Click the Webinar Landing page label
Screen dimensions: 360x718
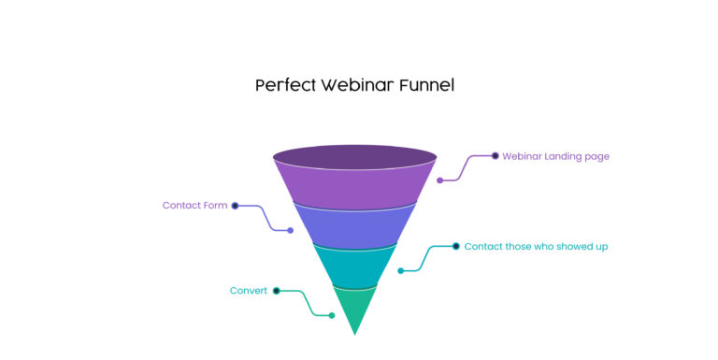click(x=555, y=156)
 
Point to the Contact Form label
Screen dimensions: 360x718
click(x=194, y=206)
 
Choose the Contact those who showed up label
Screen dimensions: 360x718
click(x=536, y=247)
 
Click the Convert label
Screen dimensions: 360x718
click(x=249, y=291)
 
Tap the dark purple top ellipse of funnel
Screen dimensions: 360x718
click(x=354, y=156)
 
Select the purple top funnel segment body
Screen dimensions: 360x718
click(x=354, y=187)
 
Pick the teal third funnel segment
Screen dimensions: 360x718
click(x=354, y=266)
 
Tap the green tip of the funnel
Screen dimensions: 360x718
click(x=354, y=309)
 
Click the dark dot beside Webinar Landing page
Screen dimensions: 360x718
click(x=495, y=156)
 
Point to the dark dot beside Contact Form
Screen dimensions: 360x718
click(x=236, y=206)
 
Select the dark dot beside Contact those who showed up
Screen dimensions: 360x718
click(x=456, y=247)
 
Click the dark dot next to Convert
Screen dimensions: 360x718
click(x=277, y=291)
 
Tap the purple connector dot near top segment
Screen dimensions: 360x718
click(x=439, y=180)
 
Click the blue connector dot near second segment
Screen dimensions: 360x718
click(x=291, y=230)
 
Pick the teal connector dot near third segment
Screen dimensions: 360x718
click(x=400, y=271)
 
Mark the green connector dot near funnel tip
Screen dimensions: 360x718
click(x=332, y=315)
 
